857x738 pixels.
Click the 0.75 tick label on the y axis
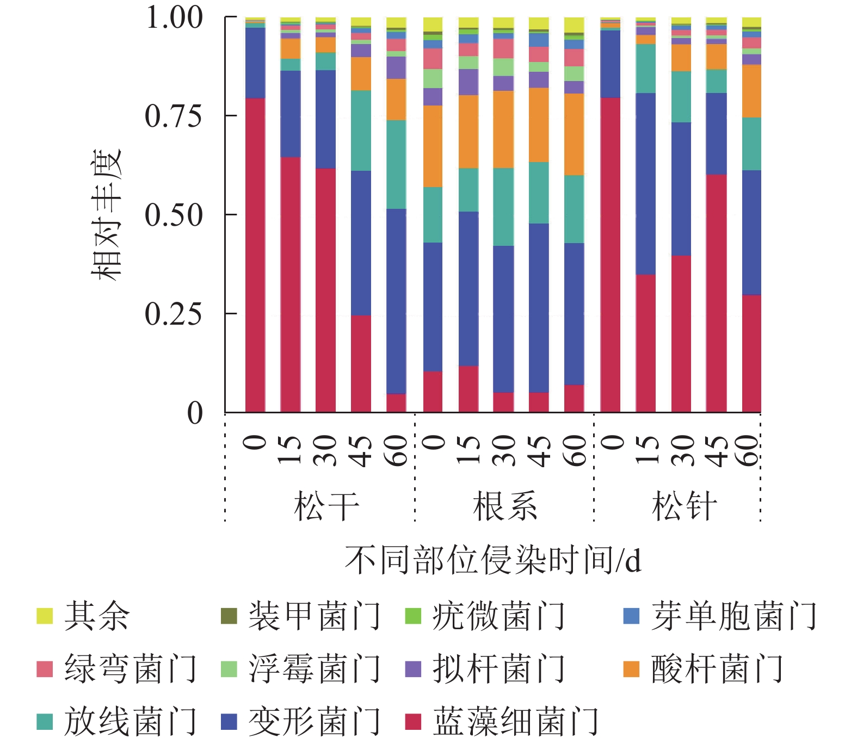173,116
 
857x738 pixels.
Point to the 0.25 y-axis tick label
173,314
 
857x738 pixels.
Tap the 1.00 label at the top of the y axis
174,17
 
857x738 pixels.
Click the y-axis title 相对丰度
106,215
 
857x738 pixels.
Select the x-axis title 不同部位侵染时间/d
492,560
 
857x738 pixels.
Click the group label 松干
326,506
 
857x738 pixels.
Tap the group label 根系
505,506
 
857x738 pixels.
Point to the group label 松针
684,506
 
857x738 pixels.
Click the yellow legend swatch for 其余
45,616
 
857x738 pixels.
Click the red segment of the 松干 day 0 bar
255,256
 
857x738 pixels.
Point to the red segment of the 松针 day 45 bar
716,294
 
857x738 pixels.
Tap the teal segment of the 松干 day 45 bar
361,131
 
